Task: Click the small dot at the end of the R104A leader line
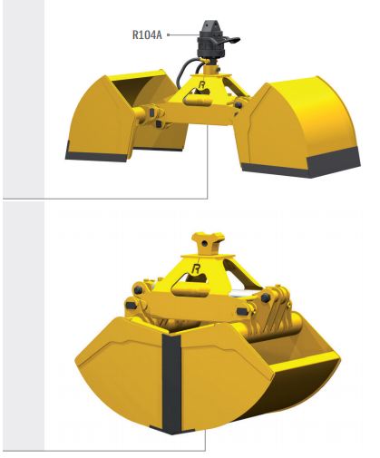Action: click(171, 36)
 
